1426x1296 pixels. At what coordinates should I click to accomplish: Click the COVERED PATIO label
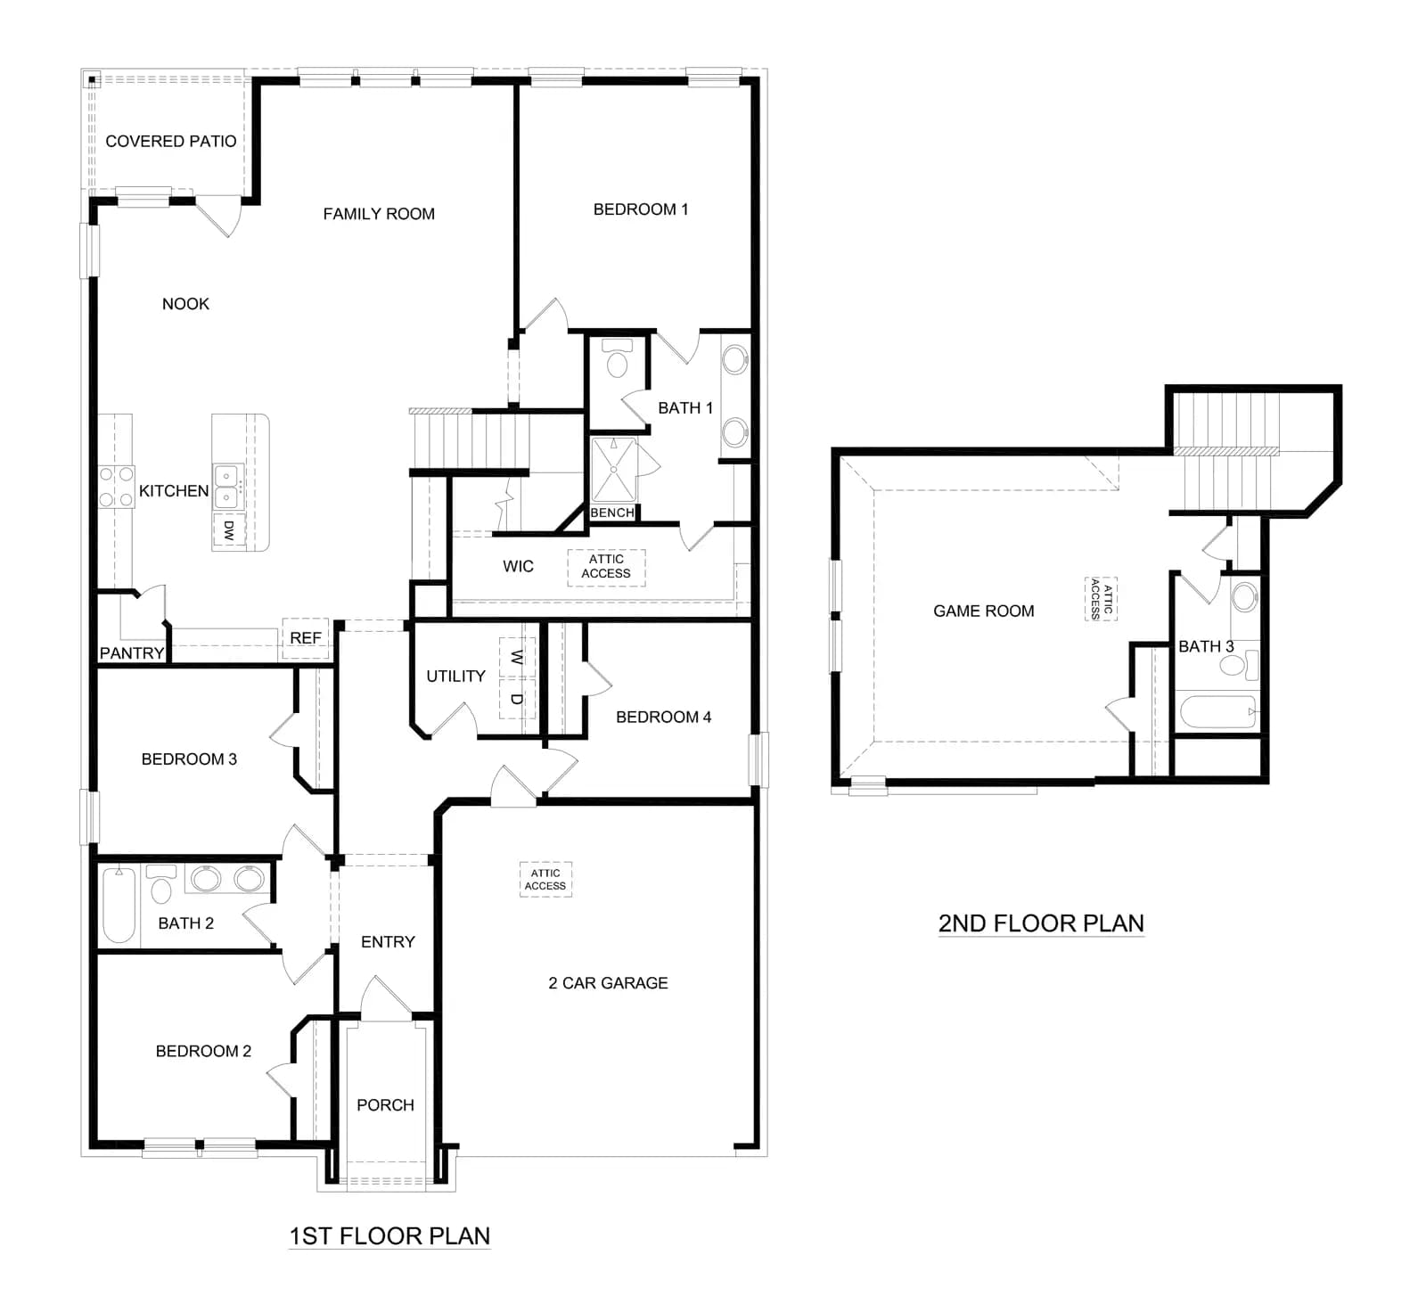pos(171,141)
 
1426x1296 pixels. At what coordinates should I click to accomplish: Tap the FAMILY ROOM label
pos(379,214)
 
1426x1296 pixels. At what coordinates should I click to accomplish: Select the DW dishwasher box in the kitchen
pos(227,530)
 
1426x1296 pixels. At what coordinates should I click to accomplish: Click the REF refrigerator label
pos(306,637)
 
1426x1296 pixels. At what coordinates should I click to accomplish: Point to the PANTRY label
pos(132,652)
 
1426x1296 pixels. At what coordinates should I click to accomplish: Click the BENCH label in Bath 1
pos(612,513)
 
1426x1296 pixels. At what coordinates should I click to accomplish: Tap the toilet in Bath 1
pos(617,358)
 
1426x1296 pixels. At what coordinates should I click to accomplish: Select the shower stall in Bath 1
pos(614,470)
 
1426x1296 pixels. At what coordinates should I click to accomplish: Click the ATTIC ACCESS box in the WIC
pos(606,567)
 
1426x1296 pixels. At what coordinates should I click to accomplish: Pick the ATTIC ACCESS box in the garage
pos(545,880)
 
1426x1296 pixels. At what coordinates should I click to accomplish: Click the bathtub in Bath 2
pos(119,905)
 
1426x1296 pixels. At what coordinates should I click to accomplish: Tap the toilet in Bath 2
pos(161,884)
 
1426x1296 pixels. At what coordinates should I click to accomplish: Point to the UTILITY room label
pos(455,676)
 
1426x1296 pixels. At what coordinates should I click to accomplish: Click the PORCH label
pos(385,1105)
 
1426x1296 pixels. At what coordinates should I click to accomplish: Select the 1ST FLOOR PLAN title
pos(389,1236)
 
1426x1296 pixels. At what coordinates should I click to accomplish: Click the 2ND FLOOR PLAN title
pos(1041,923)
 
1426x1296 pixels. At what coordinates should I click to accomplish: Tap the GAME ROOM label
pos(984,611)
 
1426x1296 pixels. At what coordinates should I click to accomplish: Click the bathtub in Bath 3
pos(1218,712)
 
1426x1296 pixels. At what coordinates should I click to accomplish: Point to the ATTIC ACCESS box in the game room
pos(1102,599)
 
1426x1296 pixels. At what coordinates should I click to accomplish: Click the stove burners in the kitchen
pos(116,487)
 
